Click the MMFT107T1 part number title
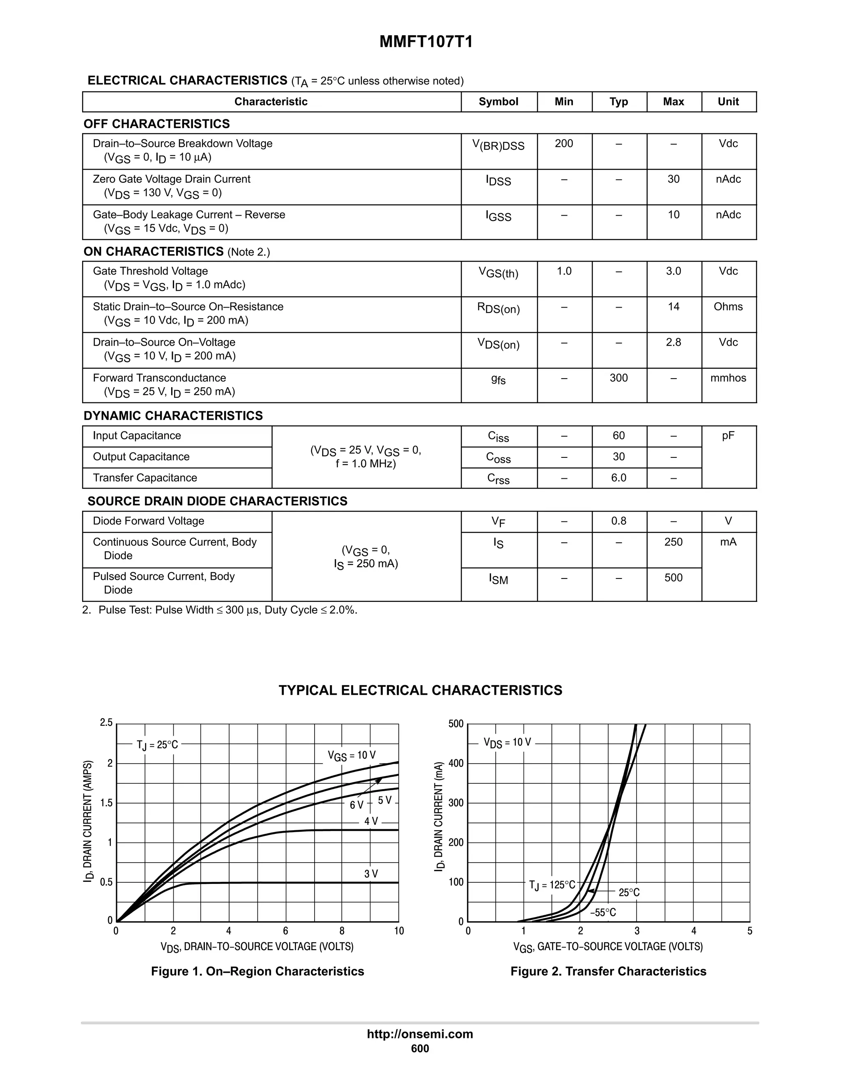point(426,42)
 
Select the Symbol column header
point(498,102)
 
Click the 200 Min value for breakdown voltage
point(563,143)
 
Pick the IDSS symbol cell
point(498,181)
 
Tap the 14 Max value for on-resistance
point(673,307)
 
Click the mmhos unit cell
point(728,378)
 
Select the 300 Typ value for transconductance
point(618,378)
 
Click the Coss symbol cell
point(498,458)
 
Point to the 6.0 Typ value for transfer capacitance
point(618,478)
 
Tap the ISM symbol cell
point(498,579)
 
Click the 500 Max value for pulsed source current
point(673,578)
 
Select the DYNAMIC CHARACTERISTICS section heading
point(173,416)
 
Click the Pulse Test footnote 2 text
point(220,610)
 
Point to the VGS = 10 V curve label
point(352,756)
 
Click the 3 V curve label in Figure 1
point(371,874)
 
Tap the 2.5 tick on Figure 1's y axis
point(106,723)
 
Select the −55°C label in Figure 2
point(603,913)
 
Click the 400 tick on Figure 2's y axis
point(456,763)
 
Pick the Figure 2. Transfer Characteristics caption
point(608,971)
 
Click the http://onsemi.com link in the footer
point(420,1034)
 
